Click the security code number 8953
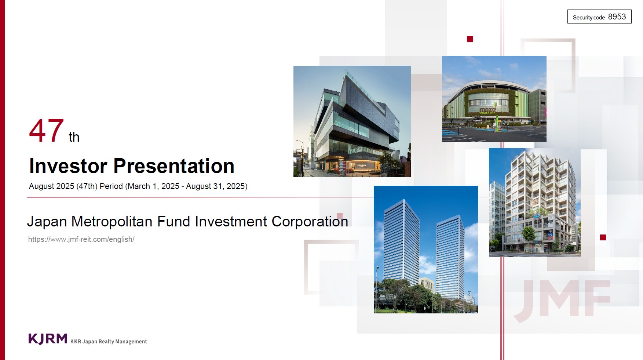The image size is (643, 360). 617,17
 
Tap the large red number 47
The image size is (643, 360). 47,131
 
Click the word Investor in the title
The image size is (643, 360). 68,166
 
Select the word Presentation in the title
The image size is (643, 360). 174,166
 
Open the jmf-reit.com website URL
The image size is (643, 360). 81,239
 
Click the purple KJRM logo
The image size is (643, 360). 48,339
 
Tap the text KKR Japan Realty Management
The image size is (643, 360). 109,341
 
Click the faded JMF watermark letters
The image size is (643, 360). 563,299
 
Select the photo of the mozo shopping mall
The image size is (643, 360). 494,99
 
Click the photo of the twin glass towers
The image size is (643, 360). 426,250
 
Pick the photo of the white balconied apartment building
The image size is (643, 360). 535,202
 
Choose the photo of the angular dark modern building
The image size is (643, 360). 352,121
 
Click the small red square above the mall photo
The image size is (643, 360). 470,39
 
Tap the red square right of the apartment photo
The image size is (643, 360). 603,237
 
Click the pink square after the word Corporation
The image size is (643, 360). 340,216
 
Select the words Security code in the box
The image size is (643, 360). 589,18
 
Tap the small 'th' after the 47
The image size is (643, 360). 74,137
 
